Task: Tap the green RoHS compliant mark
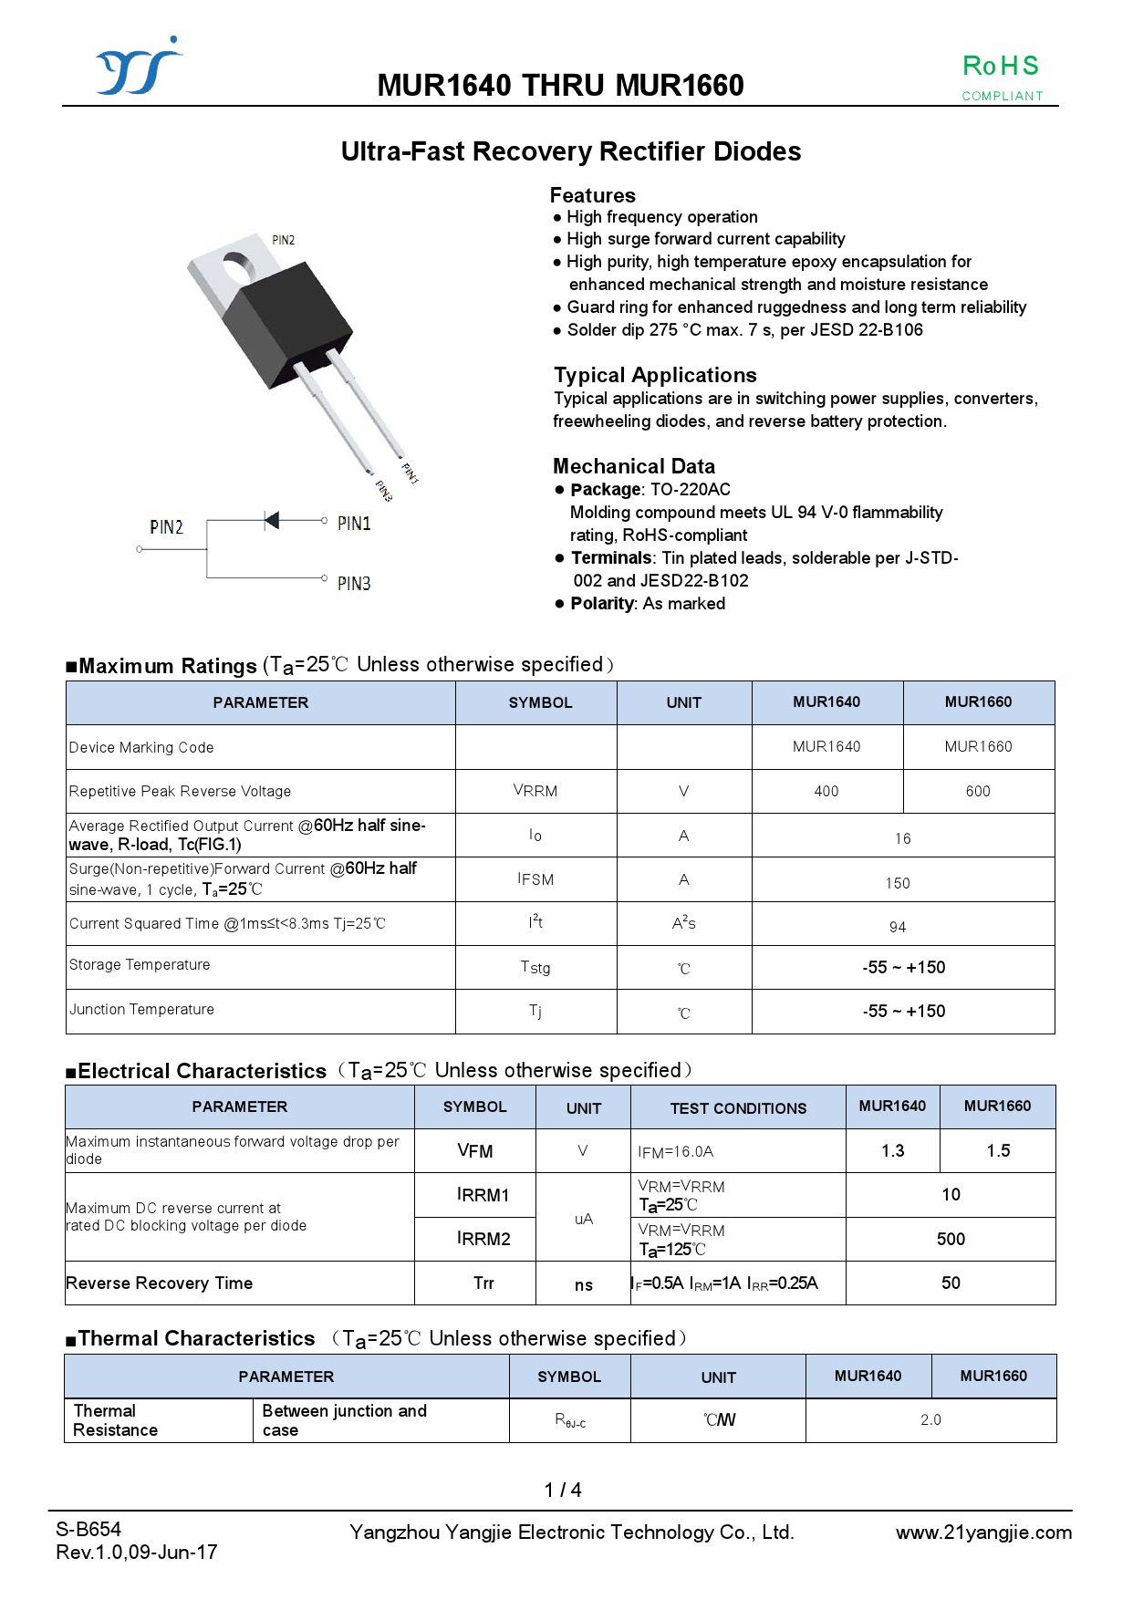[1001, 76]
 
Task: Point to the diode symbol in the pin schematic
[271, 520]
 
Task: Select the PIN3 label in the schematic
[354, 584]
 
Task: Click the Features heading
[592, 195]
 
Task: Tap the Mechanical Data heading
[633, 466]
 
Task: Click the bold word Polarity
[602, 604]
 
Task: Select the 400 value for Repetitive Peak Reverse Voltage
[826, 792]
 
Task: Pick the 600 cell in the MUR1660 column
[978, 792]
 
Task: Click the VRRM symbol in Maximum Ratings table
[535, 791]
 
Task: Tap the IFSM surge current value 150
[898, 883]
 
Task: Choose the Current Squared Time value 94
[898, 927]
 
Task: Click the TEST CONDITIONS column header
[738, 1108]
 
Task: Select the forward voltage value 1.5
[998, 1151]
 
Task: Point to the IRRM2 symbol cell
[483, 1239]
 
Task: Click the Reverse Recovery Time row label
[160, 1283]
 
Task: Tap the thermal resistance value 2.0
[930, 1420]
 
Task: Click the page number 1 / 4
[563, 1491]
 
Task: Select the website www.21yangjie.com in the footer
[983, 1532]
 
